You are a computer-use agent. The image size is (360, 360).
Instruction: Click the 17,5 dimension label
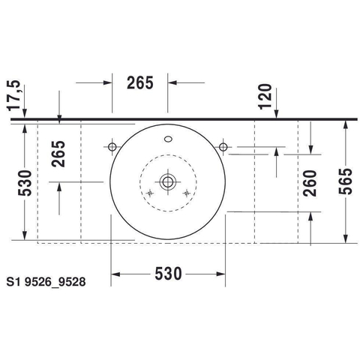[x=14, y=95]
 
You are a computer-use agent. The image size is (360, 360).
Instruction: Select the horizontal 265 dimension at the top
[x=140, y=82]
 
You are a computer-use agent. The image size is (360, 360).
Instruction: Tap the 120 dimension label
[x=265, y=97]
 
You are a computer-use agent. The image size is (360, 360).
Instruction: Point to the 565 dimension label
[x=345, y=181]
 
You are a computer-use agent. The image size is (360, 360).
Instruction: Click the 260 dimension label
[x=310, y=183]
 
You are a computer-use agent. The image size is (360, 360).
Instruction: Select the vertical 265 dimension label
[x=58, y=154]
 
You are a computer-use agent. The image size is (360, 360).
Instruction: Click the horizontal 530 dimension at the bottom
[x=168, y=273]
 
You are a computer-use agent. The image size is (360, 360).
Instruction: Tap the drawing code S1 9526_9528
[x=46, y=282]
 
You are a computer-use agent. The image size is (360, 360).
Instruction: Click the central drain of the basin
[x=168, y=181]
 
